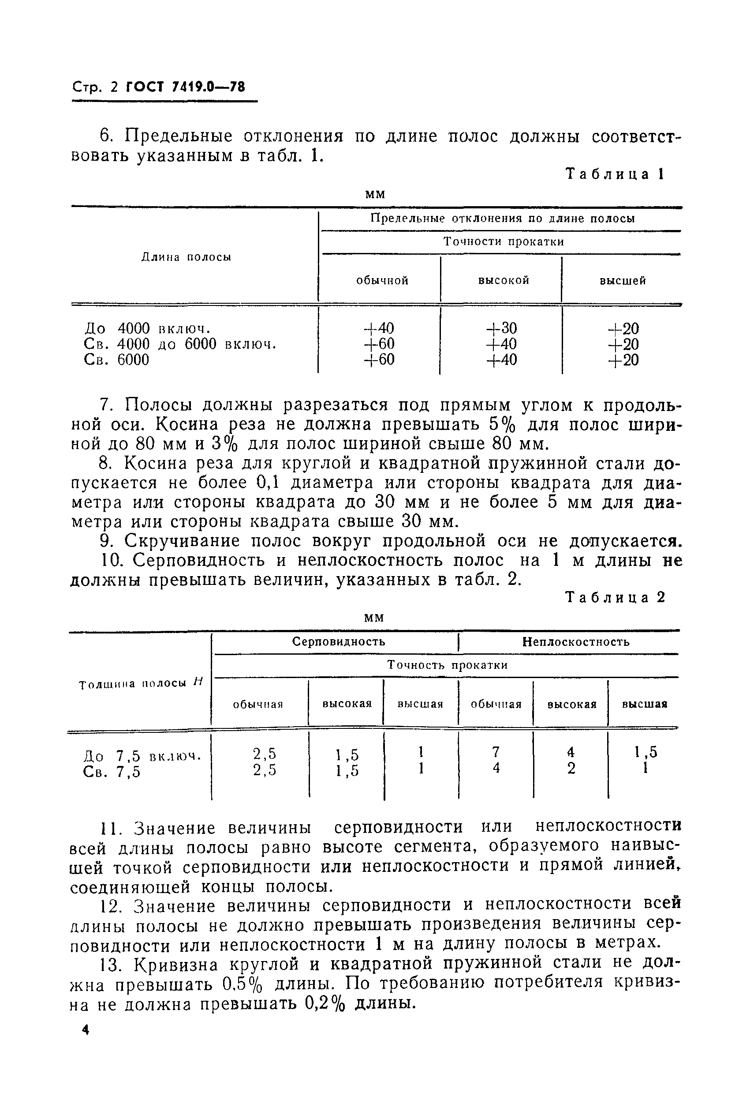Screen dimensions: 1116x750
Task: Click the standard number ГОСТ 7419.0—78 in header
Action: click(x=185, y=87)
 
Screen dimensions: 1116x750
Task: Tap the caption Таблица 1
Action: click(x=615, y=174)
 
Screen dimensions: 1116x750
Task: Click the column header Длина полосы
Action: click(x=187, y=257)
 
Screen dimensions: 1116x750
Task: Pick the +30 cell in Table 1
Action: click(x=501, y=328)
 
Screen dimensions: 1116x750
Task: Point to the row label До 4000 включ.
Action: click(x=147, y=328)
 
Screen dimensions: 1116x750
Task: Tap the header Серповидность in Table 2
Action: click(x=338, y=641)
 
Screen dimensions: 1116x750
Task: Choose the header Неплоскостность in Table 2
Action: click(x=575, y=641)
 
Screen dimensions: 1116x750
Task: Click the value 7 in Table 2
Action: click(x=496, y=751)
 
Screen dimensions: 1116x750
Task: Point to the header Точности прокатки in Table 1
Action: click(x=503, y=242)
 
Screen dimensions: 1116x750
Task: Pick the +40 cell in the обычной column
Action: click(x=379, y=328)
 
